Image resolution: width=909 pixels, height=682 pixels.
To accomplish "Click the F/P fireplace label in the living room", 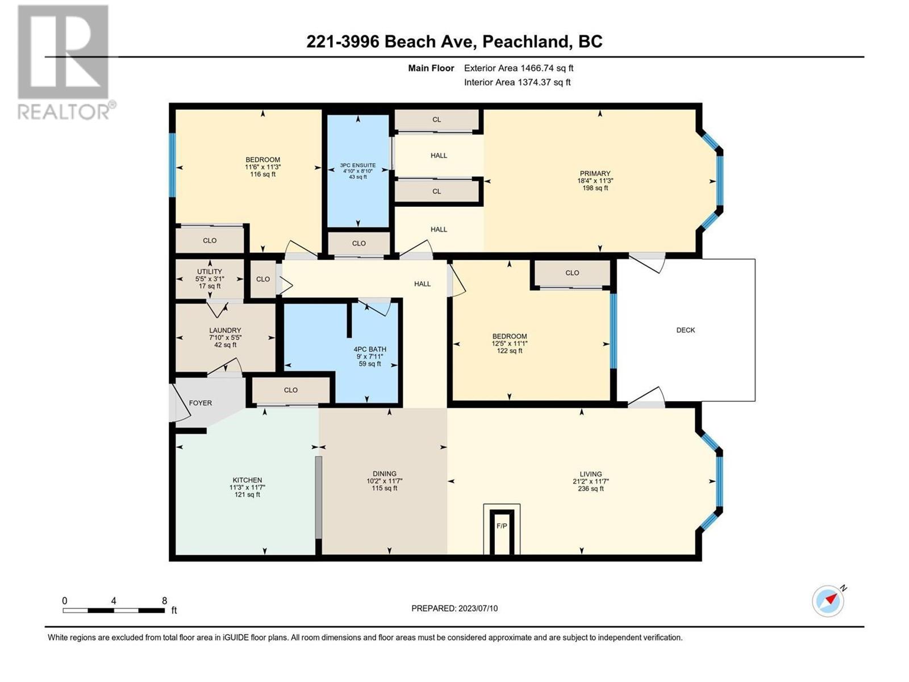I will pos(502,526).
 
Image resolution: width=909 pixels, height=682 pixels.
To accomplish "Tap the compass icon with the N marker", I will pos(828,600).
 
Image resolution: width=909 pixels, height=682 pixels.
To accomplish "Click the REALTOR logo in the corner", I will pos(63,63).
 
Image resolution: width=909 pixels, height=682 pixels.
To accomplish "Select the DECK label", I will pos(685,330).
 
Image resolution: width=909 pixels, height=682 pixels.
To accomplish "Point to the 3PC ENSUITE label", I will pos(358,165).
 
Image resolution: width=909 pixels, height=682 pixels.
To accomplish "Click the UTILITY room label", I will pos(210,272).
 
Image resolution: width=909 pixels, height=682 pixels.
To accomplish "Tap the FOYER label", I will pos(200,403).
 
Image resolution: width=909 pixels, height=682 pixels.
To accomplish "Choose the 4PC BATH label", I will pos(369,350).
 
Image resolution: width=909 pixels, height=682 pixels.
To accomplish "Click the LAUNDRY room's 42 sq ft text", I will pos(225,345).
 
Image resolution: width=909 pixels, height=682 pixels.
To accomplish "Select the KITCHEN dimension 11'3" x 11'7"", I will pos(247,488).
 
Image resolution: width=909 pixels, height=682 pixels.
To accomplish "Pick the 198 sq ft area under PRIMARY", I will pos(595,188).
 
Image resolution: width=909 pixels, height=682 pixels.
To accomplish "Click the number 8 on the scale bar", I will pos(164,601).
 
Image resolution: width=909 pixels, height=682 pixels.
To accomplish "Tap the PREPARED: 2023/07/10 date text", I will pos(454,608).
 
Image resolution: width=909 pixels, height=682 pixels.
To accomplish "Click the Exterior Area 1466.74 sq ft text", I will pos(518,68).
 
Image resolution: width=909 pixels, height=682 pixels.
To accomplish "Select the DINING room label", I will pos(384,473).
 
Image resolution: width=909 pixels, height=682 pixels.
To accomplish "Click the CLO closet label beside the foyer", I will pos(290,390).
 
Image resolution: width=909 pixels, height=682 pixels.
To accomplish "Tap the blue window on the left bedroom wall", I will pos(173,165).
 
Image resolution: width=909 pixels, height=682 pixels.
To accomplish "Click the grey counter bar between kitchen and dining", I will pos(319,497).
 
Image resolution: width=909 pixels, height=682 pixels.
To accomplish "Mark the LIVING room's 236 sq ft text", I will pos(590,489).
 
